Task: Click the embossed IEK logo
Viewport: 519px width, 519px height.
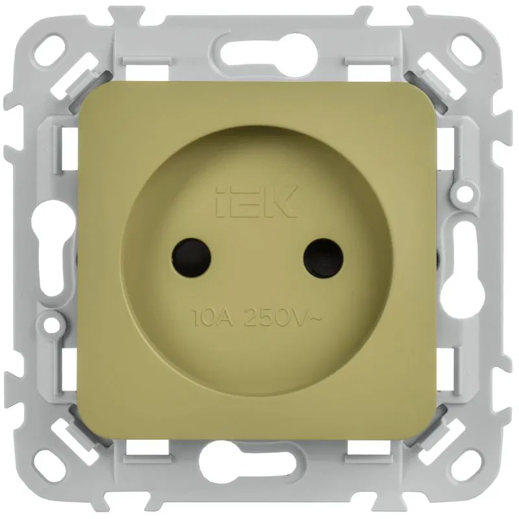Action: point(256,201)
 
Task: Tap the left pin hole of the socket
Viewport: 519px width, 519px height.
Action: point(191,258)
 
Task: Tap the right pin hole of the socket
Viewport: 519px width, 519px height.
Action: point(323,258)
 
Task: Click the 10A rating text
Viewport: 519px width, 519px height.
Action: point(213,318)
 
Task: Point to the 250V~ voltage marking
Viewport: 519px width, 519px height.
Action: point(282,318)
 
